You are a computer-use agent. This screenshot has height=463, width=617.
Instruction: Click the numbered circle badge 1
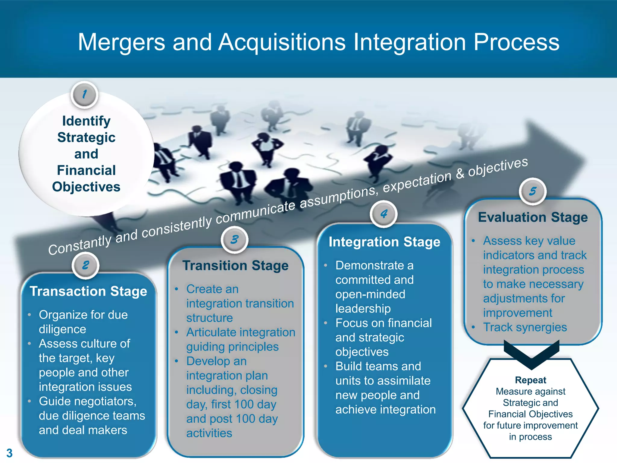[x=85, y=95]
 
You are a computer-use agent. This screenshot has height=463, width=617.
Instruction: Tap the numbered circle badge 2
[x=86, y=265]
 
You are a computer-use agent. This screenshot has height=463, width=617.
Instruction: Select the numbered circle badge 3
[x=234, y=240]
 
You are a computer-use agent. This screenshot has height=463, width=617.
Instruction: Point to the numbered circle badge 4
[x=384, y=214]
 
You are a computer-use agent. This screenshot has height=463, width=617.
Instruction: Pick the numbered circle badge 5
[x=533, y=191]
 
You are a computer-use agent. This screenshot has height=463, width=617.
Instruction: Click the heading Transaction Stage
[x=88, y=291]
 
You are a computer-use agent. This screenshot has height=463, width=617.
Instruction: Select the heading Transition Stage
[x=235, y=266]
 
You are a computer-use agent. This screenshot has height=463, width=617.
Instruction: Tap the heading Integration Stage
[x=384, y=242]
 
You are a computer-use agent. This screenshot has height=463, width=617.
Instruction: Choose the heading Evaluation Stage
[x=533, y=217]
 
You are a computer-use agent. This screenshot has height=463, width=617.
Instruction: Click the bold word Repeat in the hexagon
[x=531, y=380]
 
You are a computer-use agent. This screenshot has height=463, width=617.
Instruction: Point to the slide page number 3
[x=9, y=453]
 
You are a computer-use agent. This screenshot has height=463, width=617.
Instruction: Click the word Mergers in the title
[x=121, y=42]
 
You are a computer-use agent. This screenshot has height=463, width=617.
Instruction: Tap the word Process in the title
[x=516, y=42]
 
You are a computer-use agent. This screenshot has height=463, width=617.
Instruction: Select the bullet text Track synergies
[x=525, y=327]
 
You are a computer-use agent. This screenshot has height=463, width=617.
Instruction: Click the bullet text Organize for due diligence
[x=83, y=322]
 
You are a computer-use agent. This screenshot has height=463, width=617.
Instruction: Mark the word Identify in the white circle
[x=86, y=121]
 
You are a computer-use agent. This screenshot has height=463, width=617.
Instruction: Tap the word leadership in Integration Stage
[x=363, y=309]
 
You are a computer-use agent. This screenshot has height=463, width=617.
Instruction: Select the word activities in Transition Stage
[x=209, y=433]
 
